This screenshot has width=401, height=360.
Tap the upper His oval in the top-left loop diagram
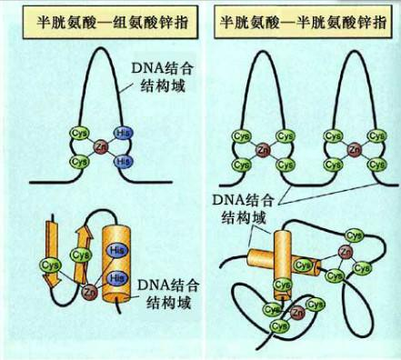pyautogui.click(x=123, y=132)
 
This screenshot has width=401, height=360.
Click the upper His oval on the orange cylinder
pyautogui.click(x=115, y=249)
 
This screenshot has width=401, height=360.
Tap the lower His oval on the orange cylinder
pyautogui.click(x=115, y=276)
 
